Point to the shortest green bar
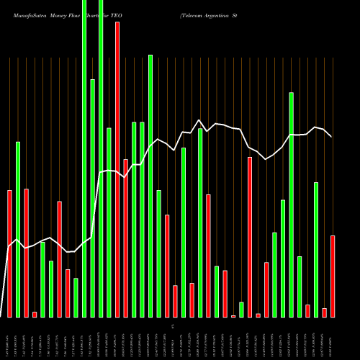(241, 310)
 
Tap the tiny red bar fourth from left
(35, 314)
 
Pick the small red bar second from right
(324, 312)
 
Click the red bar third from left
(26, 253)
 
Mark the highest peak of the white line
(199, 120)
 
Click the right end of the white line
(331, 136)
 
